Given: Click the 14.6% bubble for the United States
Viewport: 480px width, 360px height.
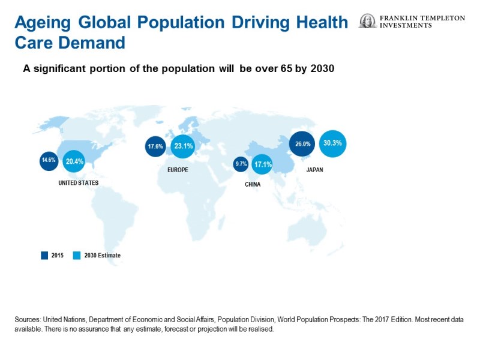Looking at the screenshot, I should [49, 160].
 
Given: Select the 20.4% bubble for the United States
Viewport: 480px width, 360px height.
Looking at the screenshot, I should [74, 161].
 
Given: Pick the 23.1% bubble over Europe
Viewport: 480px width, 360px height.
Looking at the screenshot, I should [182, 146].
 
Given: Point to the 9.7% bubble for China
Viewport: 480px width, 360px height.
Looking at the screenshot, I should [241, 164].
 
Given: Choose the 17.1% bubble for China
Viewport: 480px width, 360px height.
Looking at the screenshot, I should [262, 164].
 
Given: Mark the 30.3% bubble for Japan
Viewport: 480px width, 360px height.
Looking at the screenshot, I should [333, 143].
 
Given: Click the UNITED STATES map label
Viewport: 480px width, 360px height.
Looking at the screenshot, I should [79, 182].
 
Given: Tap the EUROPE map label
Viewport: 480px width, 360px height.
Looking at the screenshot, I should [178, 170].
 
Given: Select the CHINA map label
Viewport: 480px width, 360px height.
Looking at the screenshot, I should [253, 184].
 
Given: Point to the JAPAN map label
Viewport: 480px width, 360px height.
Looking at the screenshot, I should [314, 170].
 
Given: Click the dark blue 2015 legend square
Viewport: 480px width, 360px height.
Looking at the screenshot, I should [44, 255].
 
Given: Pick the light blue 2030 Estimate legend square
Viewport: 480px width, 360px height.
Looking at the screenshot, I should [76, 255].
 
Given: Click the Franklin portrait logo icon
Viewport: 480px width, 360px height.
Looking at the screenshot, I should [367, 22].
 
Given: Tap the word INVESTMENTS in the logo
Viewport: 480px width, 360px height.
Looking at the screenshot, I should [406, 26].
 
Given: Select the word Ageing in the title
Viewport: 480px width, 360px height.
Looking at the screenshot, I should [43, 23].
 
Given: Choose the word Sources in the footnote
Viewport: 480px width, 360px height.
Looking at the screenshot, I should [27, 320].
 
